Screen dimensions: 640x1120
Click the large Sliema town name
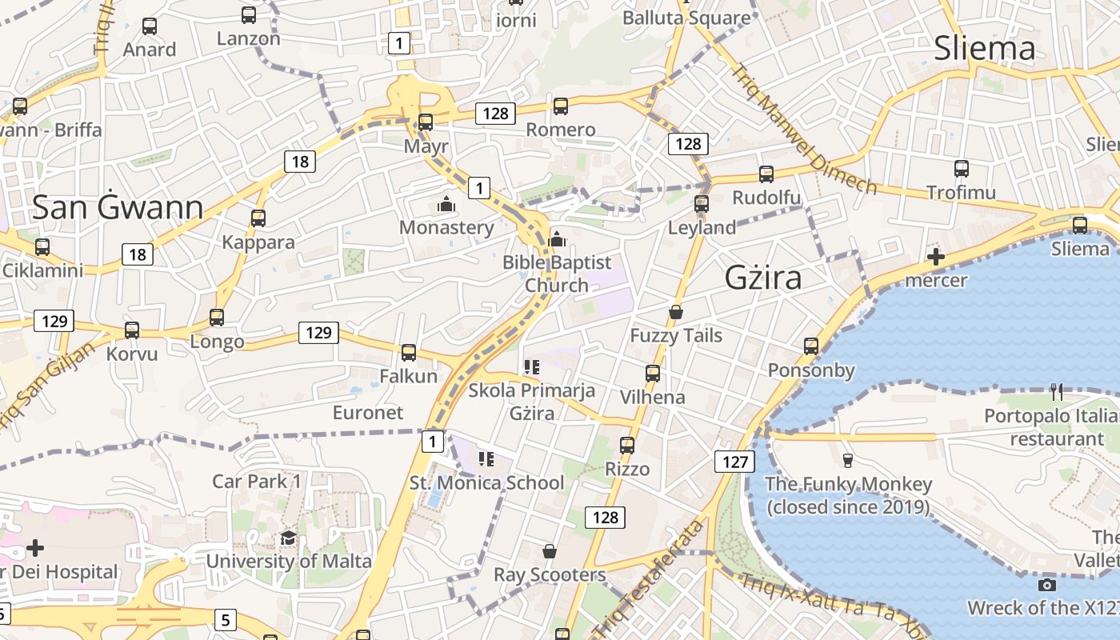point(985,49)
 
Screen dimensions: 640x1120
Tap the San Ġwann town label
point(118,208)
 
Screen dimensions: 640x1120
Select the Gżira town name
point(763,278)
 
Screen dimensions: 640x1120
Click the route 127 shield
point(734,462)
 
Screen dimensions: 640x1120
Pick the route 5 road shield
point(225,619)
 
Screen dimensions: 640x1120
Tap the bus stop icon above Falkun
point(409,352)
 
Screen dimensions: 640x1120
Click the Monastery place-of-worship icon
point(446,205)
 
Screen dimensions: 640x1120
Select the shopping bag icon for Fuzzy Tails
point(676,311)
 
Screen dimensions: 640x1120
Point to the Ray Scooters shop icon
point(550,551)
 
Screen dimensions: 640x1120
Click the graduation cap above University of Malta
point(288,538)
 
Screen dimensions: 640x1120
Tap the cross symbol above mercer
point(935,257)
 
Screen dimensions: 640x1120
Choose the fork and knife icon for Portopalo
point(1057,391)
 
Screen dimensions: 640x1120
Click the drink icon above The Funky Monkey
point(848,460)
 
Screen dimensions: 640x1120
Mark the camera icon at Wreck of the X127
point(1046,585)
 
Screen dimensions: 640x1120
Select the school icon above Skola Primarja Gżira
point(532,367)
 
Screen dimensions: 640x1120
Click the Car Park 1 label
point(256,481)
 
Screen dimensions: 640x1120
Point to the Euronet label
point(368,413)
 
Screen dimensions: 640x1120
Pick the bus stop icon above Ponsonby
point(811,346)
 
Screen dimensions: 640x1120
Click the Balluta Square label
point(686,18)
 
